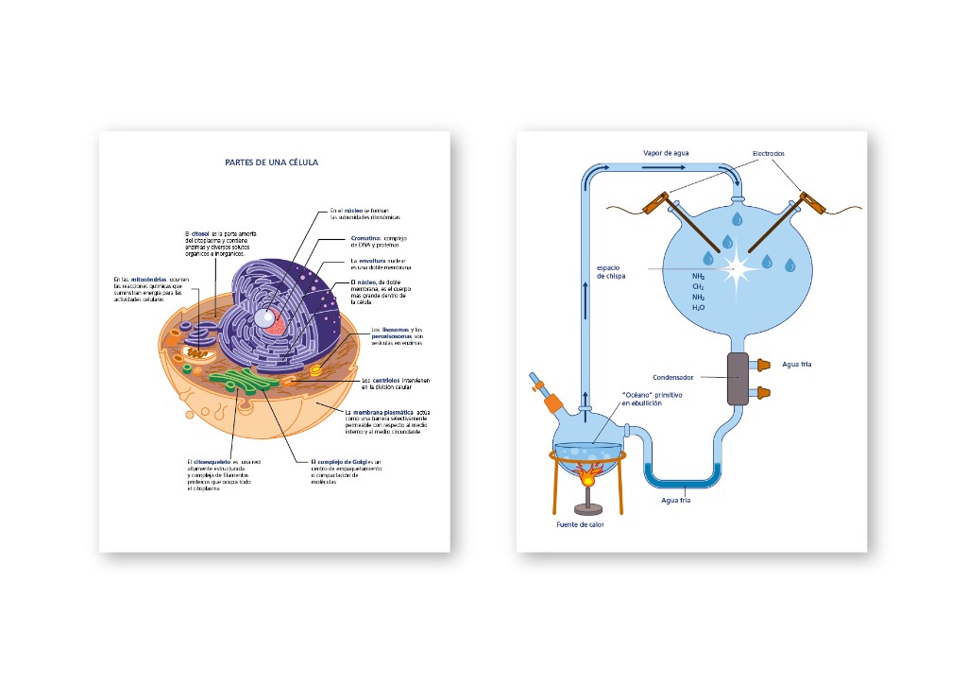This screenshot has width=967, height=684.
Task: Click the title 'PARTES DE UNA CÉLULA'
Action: tap(272, 162)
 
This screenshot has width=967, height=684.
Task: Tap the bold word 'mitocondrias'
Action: tap(149, 280)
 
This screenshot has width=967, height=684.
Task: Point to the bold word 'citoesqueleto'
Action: tap(211, 461)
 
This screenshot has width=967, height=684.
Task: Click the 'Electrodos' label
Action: tap(768, 153)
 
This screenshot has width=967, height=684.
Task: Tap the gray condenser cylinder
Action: tap(738, 378)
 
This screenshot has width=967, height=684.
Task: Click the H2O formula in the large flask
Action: tap(699, 308)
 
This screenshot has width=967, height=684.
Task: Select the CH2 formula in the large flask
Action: tap(699, 285)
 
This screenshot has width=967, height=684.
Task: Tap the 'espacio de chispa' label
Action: tap(609, 272)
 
